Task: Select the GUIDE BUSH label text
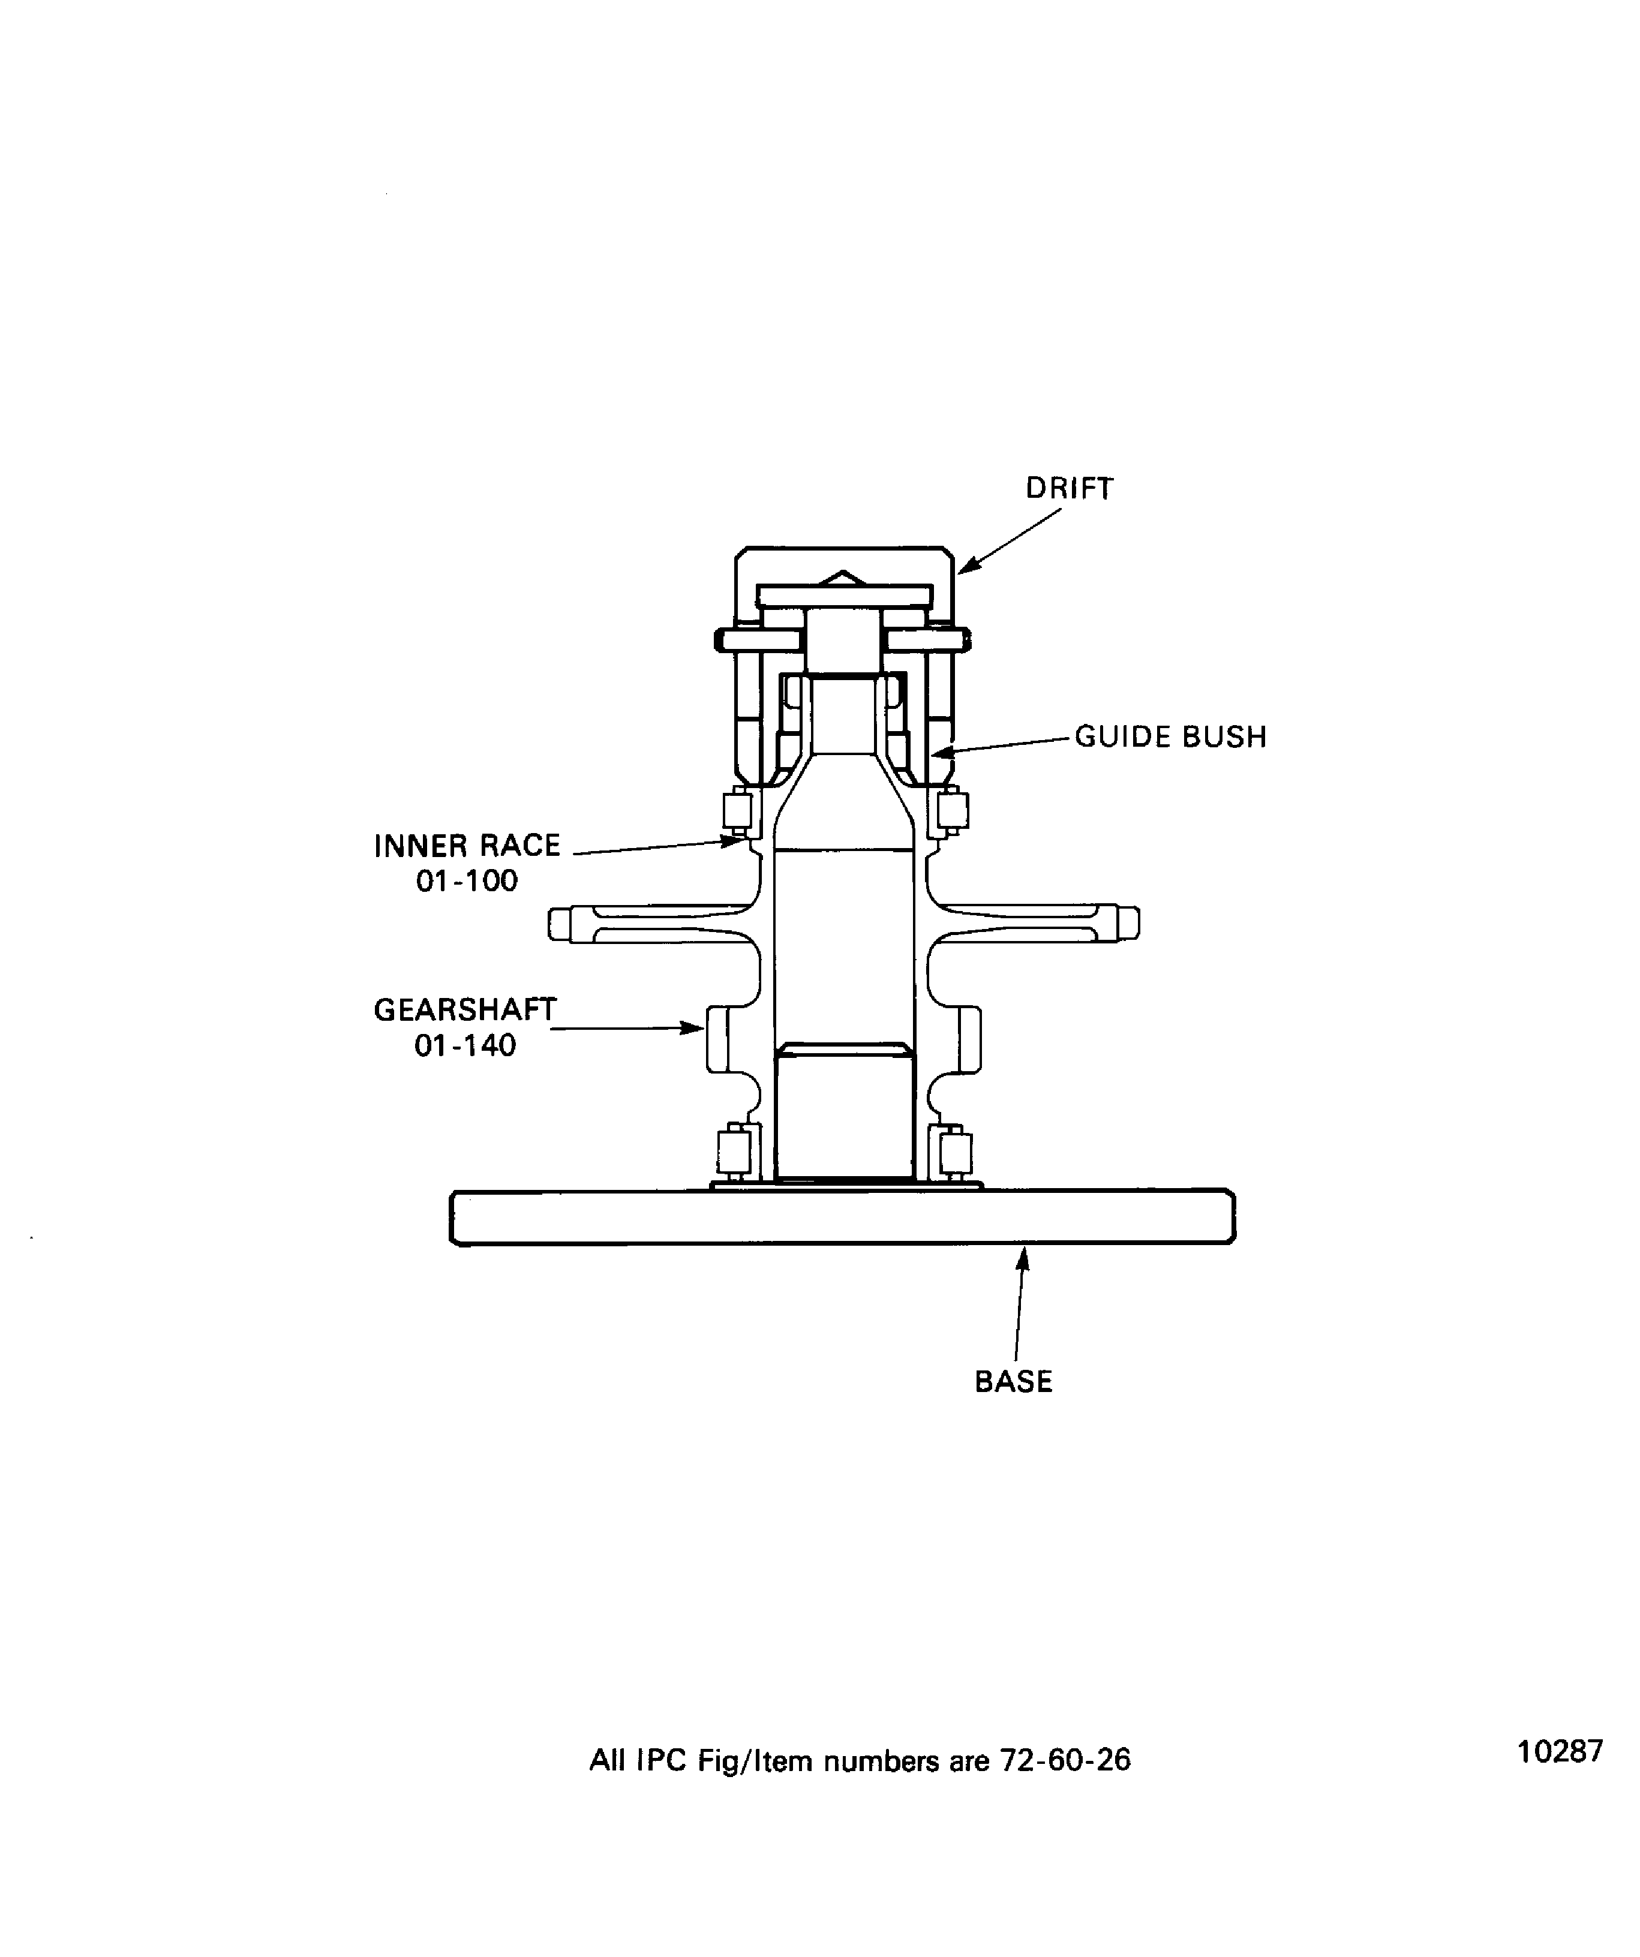point(1170,737)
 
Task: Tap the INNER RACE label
point(467,846)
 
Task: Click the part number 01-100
point(467,880)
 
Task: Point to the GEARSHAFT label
point(465,1010)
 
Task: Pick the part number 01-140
point(465,1045)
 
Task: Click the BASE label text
point(1014,1381)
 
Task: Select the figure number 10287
point(1560,1752)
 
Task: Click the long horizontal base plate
point(842,1217)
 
